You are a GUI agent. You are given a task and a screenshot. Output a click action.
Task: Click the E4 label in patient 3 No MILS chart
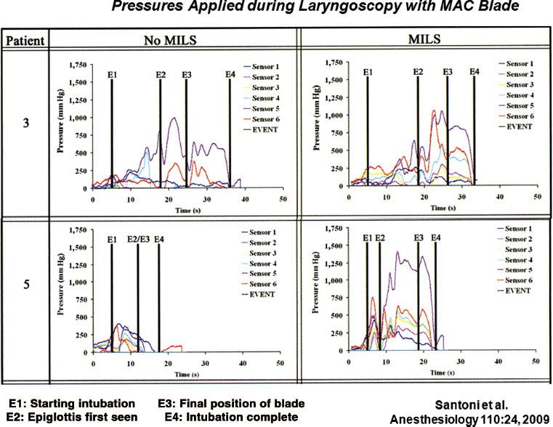pyautogui.click(x=230, y=75)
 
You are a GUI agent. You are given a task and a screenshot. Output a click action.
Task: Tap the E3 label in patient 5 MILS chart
pyautogui.click(x=420, y=237)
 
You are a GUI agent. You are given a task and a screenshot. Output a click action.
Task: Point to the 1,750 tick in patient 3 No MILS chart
pyautogui.click(x=77, y=65)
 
